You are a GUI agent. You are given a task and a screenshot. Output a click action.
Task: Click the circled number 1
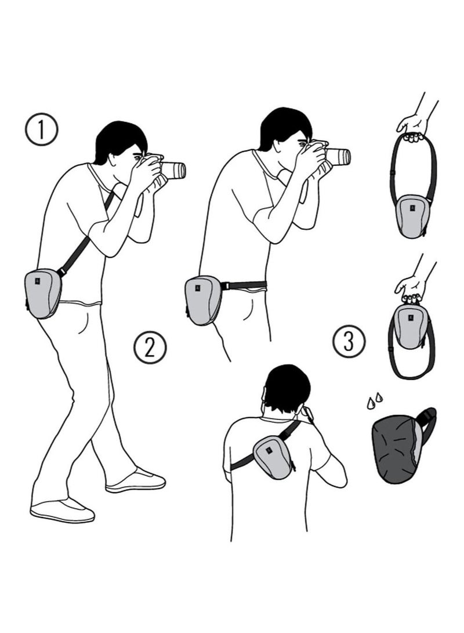[41, 129]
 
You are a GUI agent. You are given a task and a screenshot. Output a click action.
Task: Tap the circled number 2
[150, 348]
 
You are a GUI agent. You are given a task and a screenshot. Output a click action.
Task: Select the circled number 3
[349, 341]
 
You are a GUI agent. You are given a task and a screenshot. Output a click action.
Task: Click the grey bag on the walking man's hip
[43, 293]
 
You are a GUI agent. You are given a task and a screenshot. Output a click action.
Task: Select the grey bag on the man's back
[272, 457]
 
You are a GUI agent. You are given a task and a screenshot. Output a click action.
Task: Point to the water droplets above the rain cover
[374, 401]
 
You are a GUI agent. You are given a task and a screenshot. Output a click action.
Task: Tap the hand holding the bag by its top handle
[411, 288]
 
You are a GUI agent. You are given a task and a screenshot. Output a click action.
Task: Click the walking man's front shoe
[136, 481]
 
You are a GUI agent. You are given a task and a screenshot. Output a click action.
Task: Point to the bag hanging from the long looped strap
[412, 215]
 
